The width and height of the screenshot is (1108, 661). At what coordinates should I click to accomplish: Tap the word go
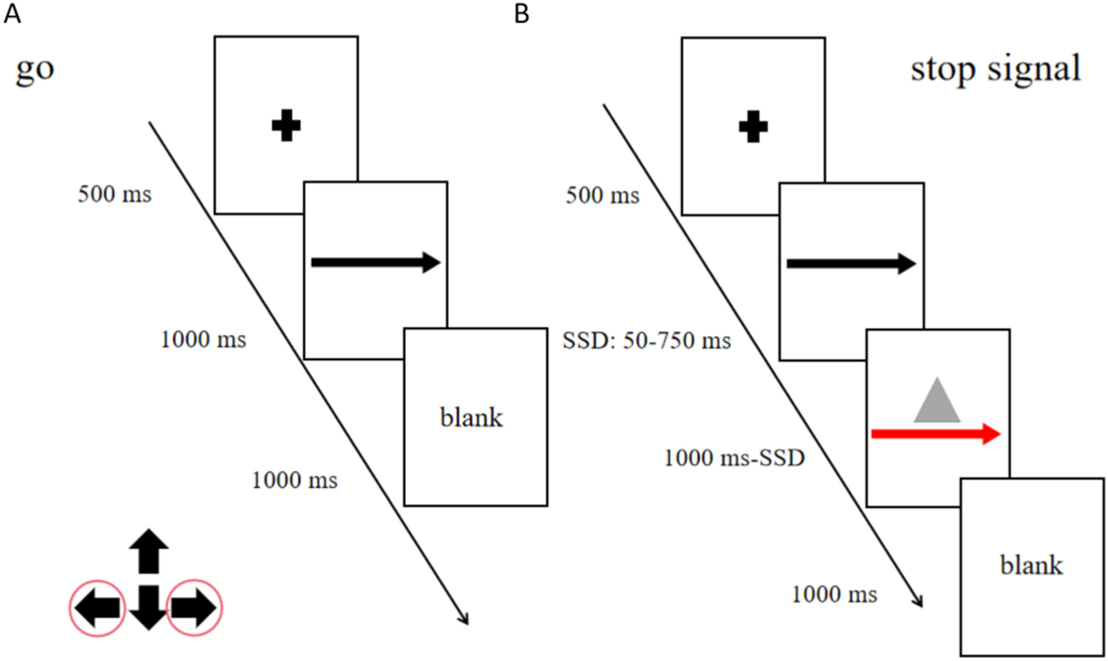[x=35, y=70]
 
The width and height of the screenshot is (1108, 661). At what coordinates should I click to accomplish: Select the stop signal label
[x=996, y=70]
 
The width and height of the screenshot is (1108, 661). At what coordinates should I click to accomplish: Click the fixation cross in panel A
[x=286, y=126]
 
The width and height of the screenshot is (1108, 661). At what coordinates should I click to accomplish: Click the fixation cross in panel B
[x=753, y=127]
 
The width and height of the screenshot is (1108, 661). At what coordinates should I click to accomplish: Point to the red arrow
[x=936, y=434]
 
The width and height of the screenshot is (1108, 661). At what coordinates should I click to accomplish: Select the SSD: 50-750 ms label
[x=647, y=341]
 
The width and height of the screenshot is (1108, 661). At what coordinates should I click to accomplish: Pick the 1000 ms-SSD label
[x=734, y=458]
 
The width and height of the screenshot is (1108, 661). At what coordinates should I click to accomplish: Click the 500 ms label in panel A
[x=114, y=194]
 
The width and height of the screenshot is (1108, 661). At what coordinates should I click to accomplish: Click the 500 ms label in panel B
[x=602, y=195]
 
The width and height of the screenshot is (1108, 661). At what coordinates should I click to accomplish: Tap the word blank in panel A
[x=472, y=417]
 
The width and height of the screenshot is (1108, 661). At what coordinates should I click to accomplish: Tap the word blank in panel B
[x=1031, y=565]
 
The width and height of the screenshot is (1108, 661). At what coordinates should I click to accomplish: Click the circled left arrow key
[x=97, y=608]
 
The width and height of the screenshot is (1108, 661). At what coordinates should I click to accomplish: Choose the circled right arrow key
[x=194, y=608]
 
